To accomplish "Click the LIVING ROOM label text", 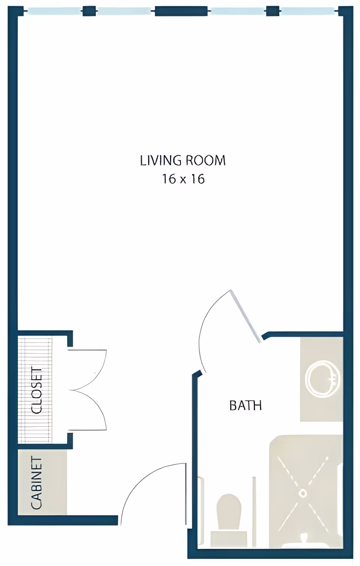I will (x=183, y=161).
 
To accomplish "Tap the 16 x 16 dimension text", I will (x=183, y=179).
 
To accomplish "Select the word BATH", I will (x=245, y=405).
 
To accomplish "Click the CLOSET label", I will (x=37, y=390).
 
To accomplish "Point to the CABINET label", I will (x=36, y=483).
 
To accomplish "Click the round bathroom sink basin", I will (x=322, y=379).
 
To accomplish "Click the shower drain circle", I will (x=303, y=492).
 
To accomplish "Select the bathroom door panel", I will (x=245, y=316).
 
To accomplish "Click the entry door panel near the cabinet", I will (x=186, y=494).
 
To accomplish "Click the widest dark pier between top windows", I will (x=181, y=11).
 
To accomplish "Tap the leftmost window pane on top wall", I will (x=54, y=11).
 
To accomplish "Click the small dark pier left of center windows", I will (x=89, y=11).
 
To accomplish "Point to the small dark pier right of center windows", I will (x=273, y=11).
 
